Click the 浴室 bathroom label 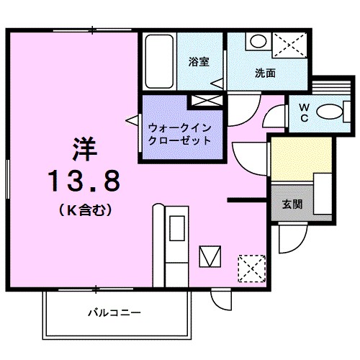[x=199, y=62]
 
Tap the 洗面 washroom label [x=266, y=73]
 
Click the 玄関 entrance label [x=292, y=204]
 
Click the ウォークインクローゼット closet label [x=179, y=134]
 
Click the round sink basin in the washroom [x=257, y=41]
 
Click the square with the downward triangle [x=210, y=256]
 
